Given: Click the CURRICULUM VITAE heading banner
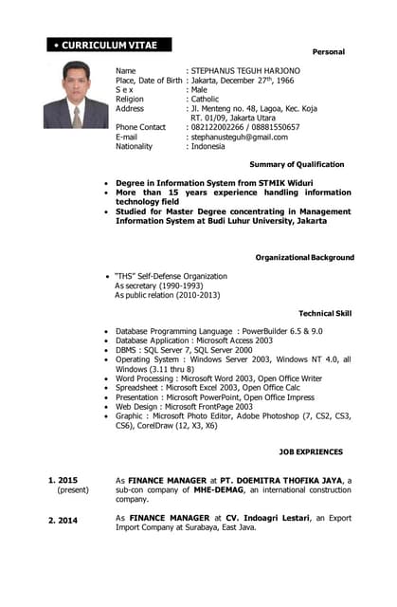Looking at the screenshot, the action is click(x=108, y=45).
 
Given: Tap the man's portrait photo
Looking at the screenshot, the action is click(x=76, y=95).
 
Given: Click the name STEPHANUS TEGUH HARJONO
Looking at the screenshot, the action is click(x=245, y=71).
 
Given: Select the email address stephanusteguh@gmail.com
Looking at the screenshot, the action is click(x=240, y=137).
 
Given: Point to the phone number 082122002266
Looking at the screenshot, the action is click(x=217, y=127).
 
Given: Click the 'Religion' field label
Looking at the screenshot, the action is click(x=130, y=99).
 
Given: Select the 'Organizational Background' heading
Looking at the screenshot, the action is click(x=304, y=257).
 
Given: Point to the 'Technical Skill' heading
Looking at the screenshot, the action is click(x=325, y=312).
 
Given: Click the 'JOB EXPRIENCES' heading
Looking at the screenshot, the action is click(x=311, y=451).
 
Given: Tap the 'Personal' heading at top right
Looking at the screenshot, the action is click(x=329, y=51).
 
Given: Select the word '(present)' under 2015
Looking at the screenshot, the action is click(x=72, y=490).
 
